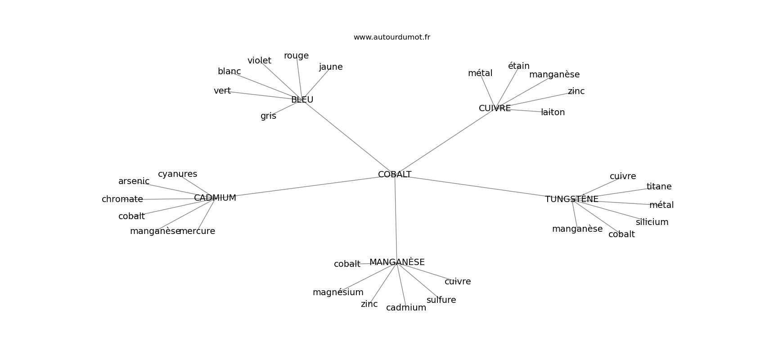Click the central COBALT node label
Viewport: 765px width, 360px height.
tap(395, 174)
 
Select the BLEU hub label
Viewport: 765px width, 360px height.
tap(302, 100)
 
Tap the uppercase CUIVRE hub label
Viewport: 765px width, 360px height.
tap(495, 108)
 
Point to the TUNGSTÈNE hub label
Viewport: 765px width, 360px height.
tap(571, 199)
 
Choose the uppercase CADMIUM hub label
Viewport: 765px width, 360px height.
tap(215, 198)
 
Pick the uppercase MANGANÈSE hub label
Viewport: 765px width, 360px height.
tap(397, 262)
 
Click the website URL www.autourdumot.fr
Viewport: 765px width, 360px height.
tap(391, 37)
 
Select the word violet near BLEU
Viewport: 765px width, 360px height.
tap(259, 60)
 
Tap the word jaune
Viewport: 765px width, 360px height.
tap(331, 67)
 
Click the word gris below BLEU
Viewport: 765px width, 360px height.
tap(268, 116)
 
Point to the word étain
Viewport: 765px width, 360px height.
tap(518, 66)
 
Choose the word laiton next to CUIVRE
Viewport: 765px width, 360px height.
tap(553, 112)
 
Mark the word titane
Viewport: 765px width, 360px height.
tap(659, 186)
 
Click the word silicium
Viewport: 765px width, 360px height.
tap(652, 222)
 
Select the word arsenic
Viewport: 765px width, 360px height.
tap(134, 181)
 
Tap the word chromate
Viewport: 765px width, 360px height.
tap(122, 199)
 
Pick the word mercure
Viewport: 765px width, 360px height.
tap(197, 231)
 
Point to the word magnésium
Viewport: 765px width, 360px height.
tap(338, 292)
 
